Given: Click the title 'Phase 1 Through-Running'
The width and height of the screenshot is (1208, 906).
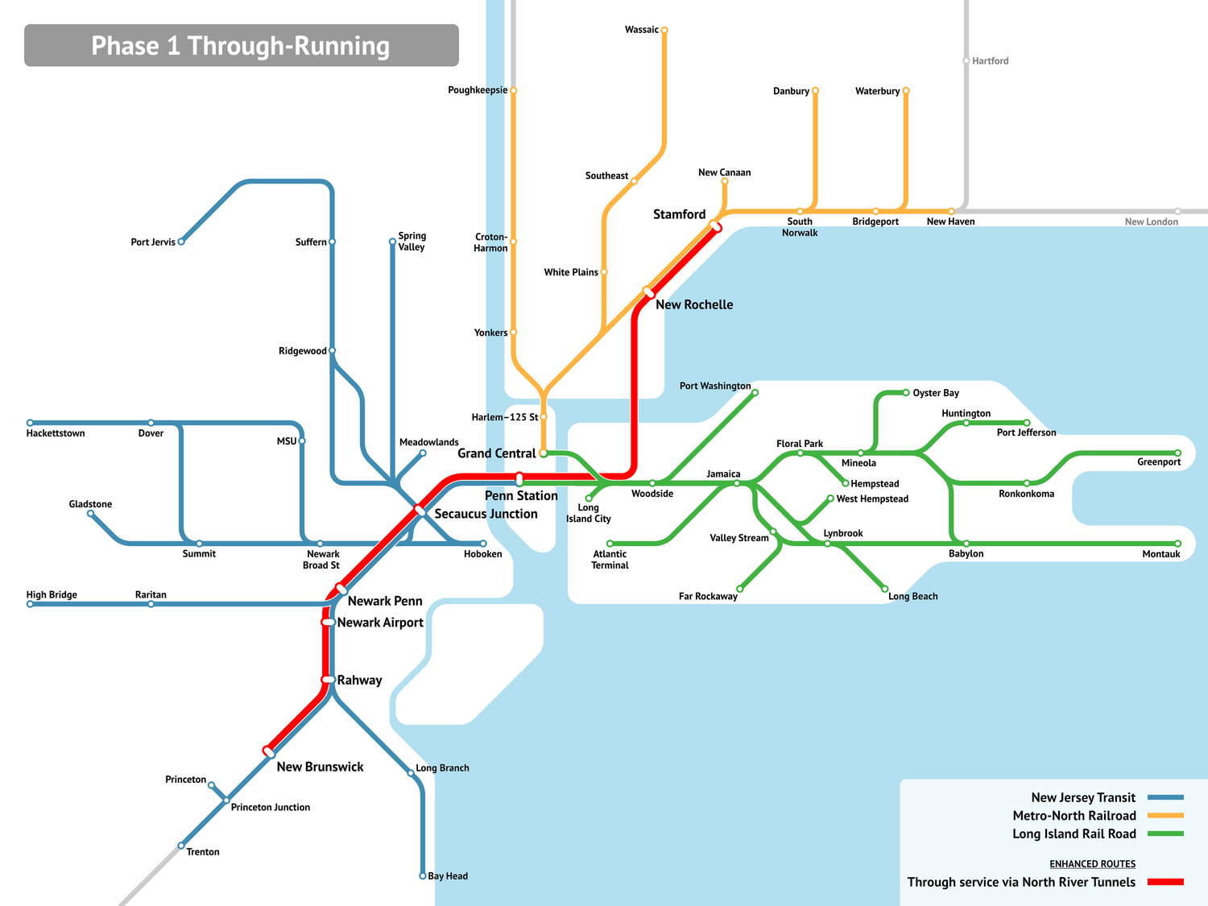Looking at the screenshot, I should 240,46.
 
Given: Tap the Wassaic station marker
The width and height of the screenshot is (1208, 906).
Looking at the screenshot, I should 664,31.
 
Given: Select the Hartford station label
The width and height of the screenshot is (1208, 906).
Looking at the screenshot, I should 990,61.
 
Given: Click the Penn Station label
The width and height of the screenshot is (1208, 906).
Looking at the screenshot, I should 521,496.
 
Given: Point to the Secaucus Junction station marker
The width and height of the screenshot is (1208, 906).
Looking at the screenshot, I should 420,511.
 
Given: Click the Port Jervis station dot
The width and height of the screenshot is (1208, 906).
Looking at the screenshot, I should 181,242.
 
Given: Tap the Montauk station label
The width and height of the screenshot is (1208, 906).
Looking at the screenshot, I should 1160,554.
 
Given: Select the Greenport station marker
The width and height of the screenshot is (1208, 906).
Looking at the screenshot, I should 1177,453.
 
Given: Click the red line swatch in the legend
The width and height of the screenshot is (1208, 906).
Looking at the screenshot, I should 1165,882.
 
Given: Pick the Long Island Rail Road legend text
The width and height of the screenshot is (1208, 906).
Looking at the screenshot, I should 1074,834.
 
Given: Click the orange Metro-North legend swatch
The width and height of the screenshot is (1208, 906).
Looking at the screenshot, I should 1165,816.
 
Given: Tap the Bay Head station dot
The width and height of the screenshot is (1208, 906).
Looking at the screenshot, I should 423,875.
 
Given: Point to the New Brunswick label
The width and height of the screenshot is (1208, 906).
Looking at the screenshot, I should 320,767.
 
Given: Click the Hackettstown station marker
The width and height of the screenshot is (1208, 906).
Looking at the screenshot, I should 31,423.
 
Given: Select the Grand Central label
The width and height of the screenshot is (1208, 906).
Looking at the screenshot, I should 496,453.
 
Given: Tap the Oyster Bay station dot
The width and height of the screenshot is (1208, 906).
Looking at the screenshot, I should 906,393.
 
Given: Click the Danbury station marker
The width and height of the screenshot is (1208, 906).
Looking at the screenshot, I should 815,91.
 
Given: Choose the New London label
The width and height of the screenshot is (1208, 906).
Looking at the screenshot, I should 1151,222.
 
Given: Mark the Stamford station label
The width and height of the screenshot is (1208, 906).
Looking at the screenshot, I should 679,214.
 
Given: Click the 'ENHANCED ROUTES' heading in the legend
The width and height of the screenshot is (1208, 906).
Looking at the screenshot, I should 1092,864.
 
